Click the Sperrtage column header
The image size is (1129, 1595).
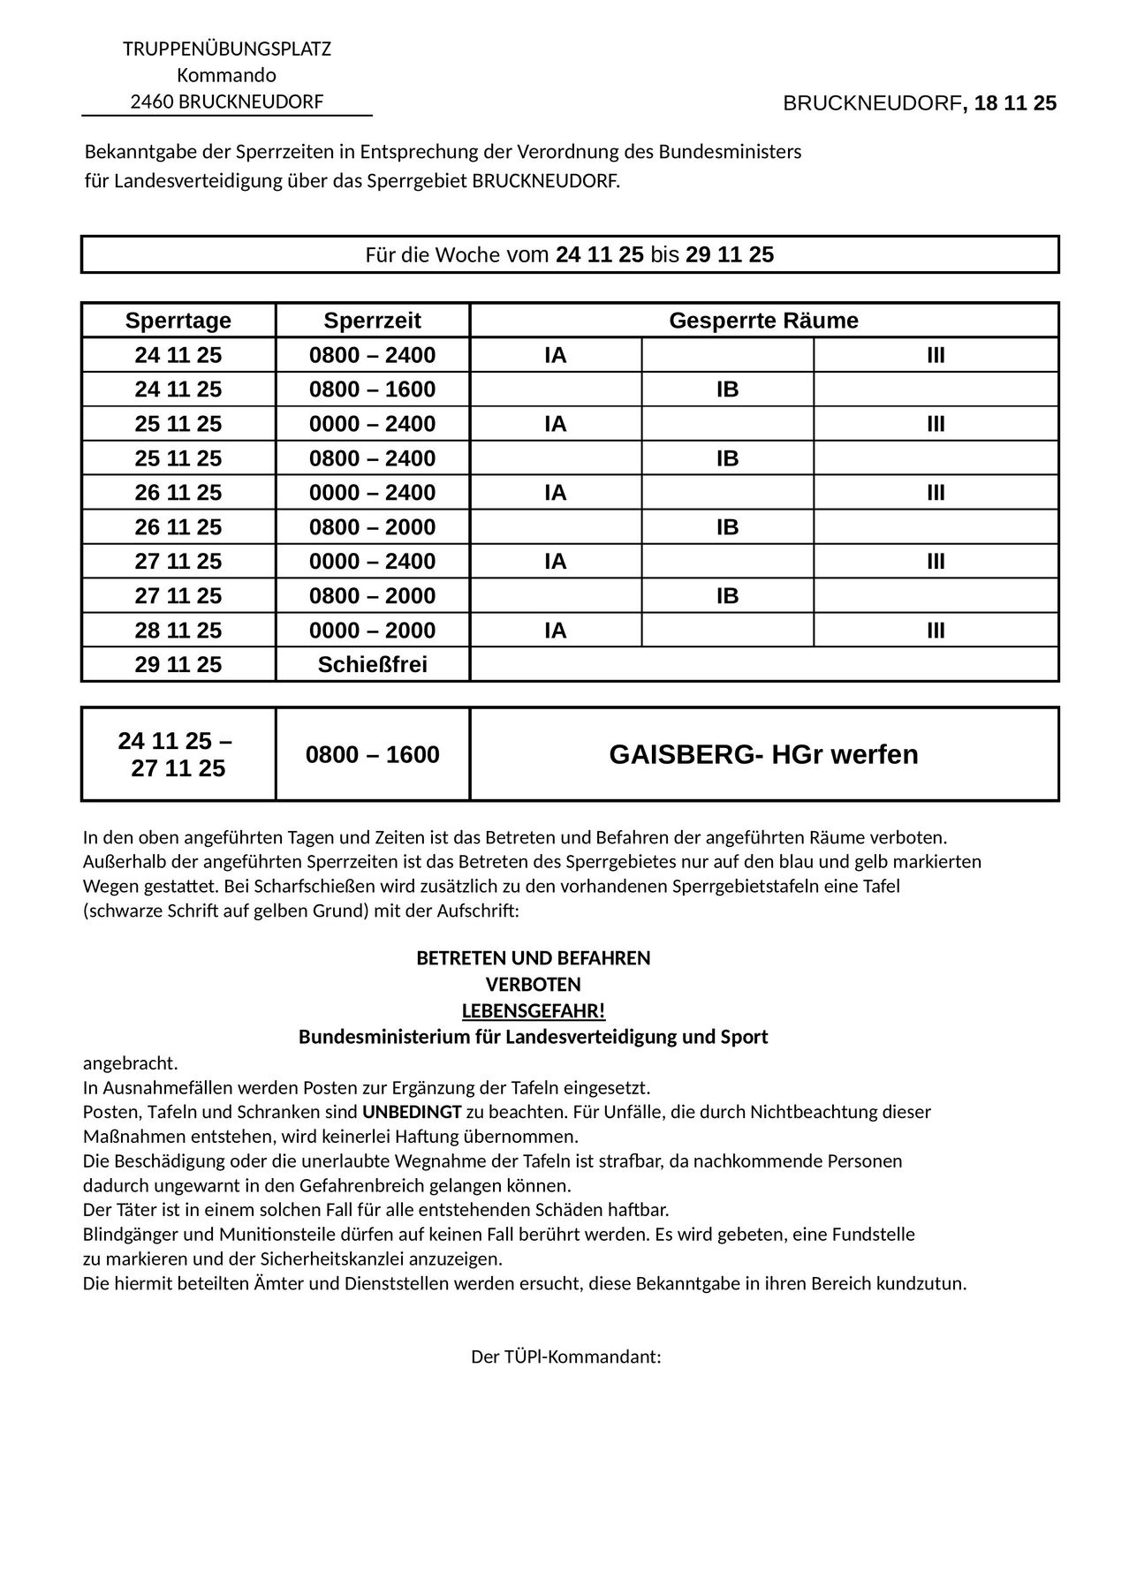pyautogui.click(x=178, y=320)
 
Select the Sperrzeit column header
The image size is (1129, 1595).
pyautogui.click(x=372, y=320)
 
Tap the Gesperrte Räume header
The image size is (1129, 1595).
pyautogui.click(x=763, y=320)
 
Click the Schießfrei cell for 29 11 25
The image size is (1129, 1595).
pyautogui.click(x=372, y=664)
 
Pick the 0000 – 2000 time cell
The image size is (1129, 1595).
pyautogui.click(x=372, y=630)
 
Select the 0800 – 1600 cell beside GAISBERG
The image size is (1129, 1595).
pyautogui.click(x=372, y=754)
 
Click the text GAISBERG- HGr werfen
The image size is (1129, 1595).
pyautogui.click(x=763, y=754)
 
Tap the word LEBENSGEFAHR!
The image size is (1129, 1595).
pyautogui.click(x=533, y=1010)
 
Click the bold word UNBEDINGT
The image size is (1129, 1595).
pyautogui.click(x=412, y=1112)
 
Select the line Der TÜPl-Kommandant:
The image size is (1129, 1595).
pyautogui.click(x=565, y=1357)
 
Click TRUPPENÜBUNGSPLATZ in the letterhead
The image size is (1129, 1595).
pyautogui.click(x=226, y=49)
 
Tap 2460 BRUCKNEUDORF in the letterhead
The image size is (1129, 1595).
pyautogui.click(x=226, y=102)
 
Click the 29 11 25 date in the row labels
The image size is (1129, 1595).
pyautogui.click(x=178, y=664)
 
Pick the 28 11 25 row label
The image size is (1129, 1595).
pyautogui.click(x=178, y=630)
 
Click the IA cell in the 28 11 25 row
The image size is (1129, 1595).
pyautogui.click(x=555, y=630)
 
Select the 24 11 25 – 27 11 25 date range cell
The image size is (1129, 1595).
pyautogui.click(x=178, y=754)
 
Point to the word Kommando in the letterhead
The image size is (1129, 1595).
pyautogui.click(x=226, y=75)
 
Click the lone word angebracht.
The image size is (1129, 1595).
pyautogui.click(x=130, y=1063)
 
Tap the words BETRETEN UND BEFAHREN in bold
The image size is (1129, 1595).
pyautogui.click(x=533, y=958)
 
